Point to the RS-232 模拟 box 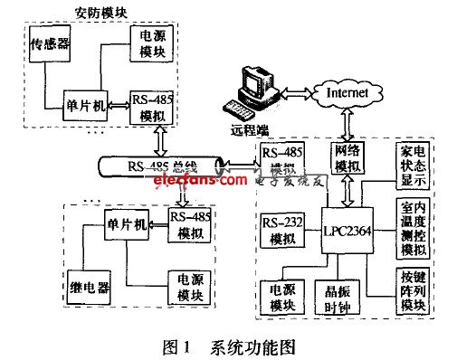point(280,231)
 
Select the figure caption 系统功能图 point(260,345)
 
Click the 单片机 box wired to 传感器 point(86,106)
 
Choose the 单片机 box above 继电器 point(126,223)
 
